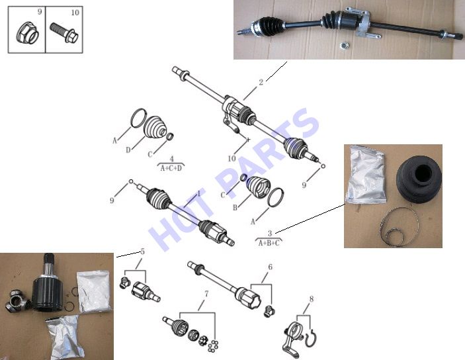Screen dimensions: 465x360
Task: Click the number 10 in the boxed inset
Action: coord(75,13)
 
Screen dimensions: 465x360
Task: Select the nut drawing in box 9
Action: coord(27,32)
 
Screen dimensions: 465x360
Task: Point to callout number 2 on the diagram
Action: coord(261,82)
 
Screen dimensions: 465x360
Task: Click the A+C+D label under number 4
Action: coord(171,168)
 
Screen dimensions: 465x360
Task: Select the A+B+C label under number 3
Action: coord(269,244)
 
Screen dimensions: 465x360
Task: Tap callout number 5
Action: coord(143,252)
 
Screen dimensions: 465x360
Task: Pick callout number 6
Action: coord(270,267)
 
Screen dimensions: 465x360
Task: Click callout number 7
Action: coord(206,294)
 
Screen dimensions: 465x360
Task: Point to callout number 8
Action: coord(311,299)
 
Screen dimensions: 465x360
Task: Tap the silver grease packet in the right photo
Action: coord(366,175)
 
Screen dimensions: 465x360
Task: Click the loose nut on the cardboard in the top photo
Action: coord(343,46)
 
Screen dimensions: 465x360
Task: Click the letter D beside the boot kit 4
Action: coord(128,150)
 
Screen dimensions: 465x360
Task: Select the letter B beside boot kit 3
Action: coord(235,207)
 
